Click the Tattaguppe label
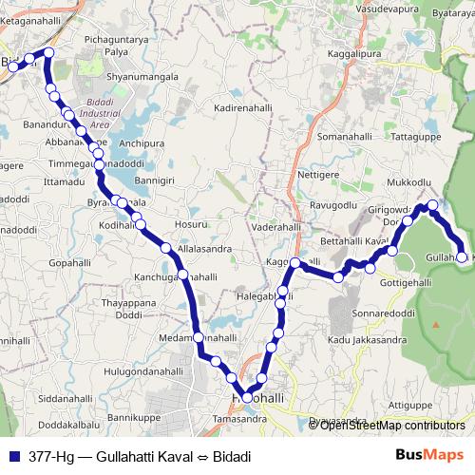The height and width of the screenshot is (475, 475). (x=418, y=137)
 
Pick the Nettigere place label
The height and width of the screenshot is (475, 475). (x=318, y=175)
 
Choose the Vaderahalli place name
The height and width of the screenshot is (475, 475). (x=275, y=229)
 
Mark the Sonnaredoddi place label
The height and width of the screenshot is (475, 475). (x=383, y=312)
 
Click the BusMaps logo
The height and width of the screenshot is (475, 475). (x=428, y=456)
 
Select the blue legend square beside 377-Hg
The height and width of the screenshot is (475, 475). (x=13, y=456)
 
